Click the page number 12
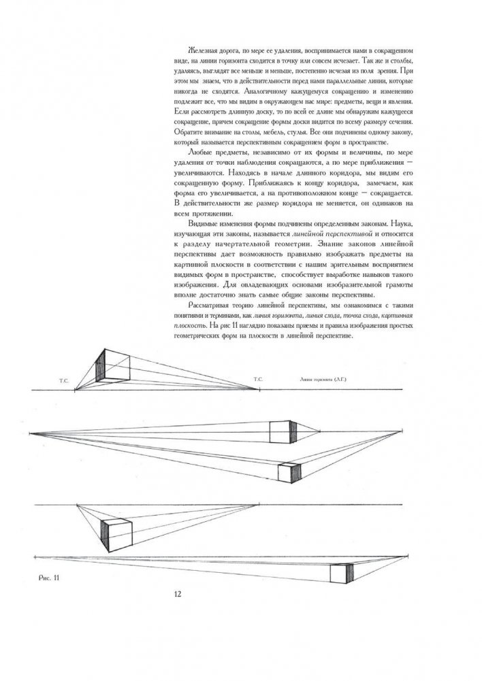[x=177, y=593]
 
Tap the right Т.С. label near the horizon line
[x=257, y=378]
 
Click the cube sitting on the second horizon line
[x=280, y=432]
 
